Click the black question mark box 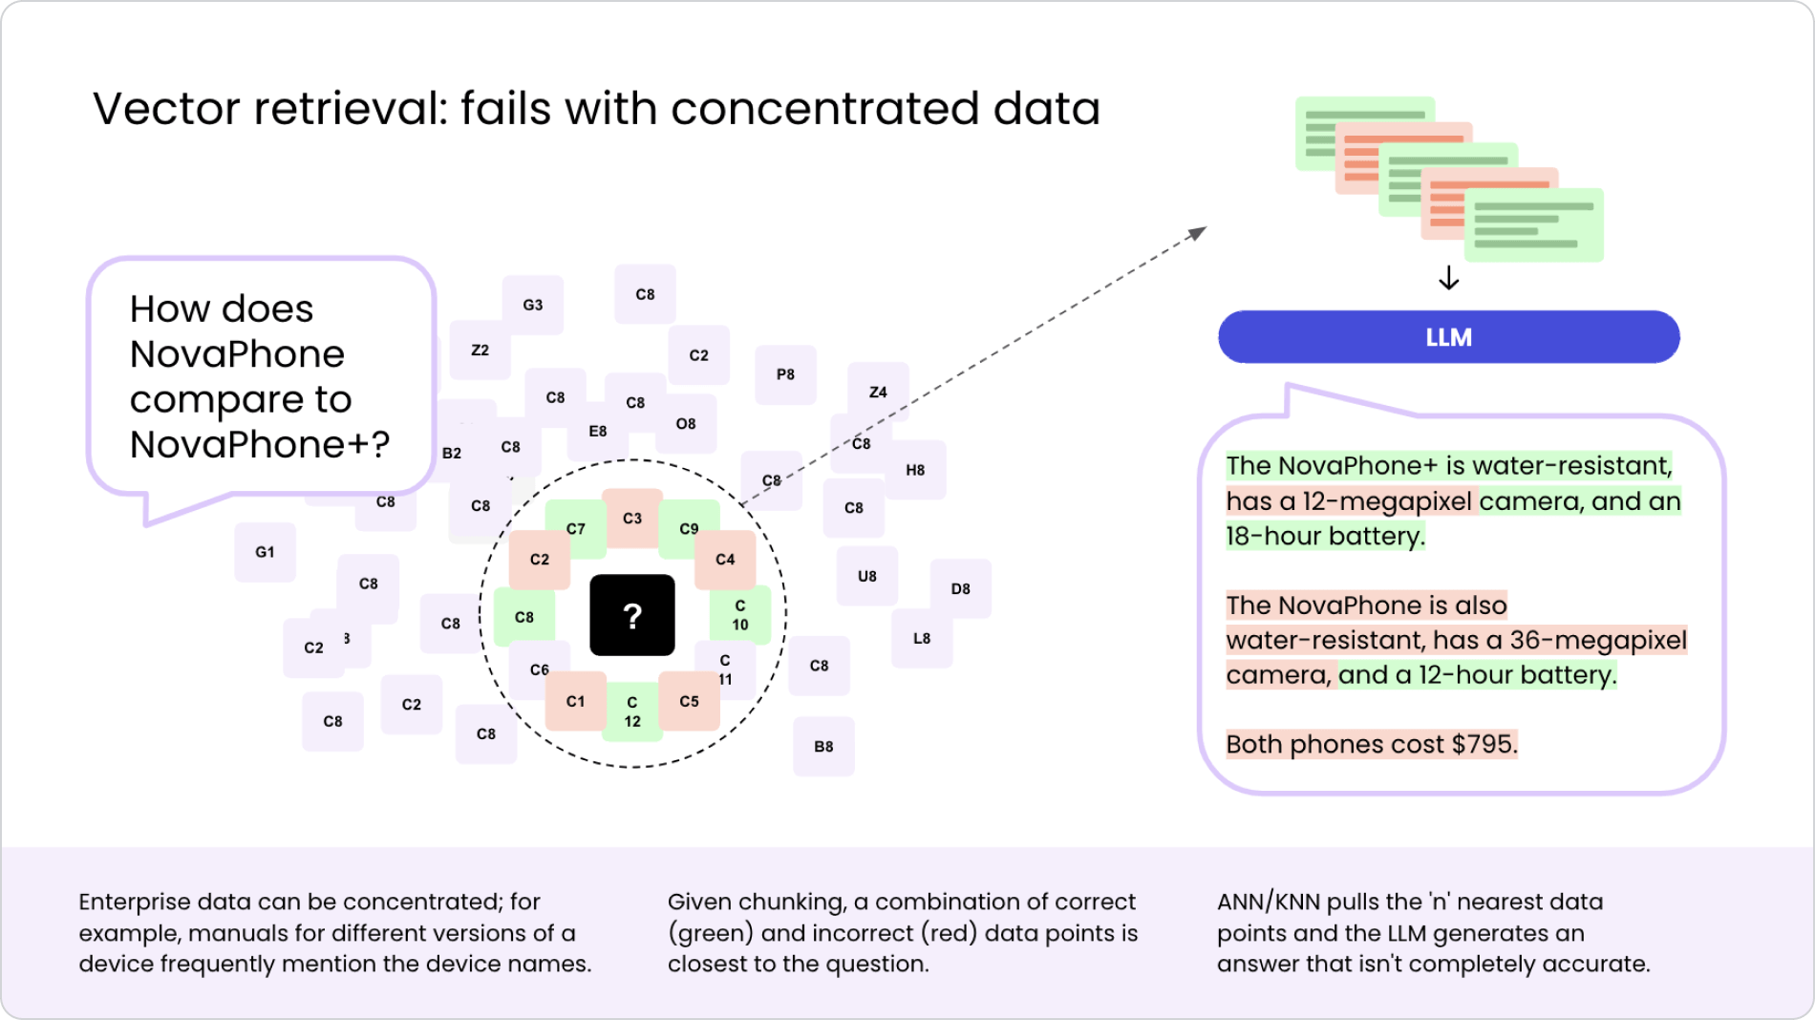631,615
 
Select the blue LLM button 1448,337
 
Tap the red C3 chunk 632,518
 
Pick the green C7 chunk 575,528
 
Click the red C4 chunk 725,559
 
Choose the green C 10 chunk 739,615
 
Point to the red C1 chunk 575,701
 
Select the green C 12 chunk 631,712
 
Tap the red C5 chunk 689,701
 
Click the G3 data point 532,305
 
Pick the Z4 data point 878,392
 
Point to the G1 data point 265,551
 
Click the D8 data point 960,588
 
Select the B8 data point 823,746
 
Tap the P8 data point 785,374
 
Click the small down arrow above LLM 1448,278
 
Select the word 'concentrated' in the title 824,108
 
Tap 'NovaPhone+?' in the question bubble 260,444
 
